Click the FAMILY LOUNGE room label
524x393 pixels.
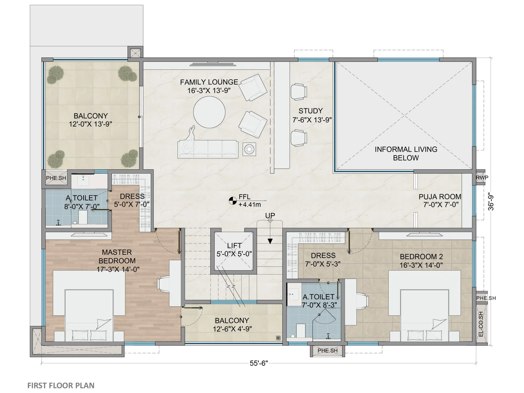[209, 82]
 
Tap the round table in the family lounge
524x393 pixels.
[209, 112]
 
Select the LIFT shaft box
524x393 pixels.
[234, 251]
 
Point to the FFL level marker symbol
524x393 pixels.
[233, 201]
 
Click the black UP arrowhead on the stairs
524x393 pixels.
[270, 241]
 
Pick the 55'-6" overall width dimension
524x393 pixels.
[259, 363]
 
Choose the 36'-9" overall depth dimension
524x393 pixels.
[491, 201]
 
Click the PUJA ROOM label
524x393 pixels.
[440, 196]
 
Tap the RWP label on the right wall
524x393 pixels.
[482, 178]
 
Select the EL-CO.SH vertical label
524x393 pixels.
[481, 324]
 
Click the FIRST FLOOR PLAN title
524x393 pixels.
[61, 385]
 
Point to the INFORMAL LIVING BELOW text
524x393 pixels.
[406, 153]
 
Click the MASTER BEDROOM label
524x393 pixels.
[117, 256]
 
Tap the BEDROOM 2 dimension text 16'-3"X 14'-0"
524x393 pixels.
[421, 265]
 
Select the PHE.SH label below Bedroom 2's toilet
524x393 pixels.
[327, 350]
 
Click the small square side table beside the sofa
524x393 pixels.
[249, 149]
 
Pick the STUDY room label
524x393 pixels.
[310, 111]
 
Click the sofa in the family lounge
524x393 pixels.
[208, 149]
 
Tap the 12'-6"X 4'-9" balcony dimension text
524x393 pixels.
[232, 329]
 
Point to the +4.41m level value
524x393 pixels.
[250, 205]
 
